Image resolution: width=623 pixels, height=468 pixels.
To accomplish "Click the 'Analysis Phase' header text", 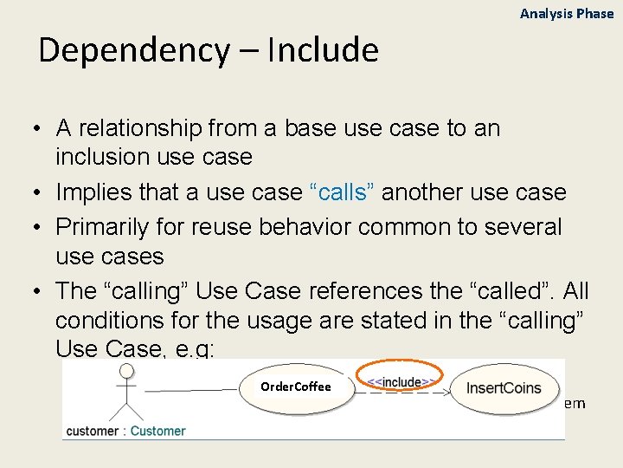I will coord(566,14).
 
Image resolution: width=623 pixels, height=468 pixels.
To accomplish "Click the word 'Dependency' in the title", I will coord(133,50).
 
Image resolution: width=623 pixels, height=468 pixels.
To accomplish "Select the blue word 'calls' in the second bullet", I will coord(344,192).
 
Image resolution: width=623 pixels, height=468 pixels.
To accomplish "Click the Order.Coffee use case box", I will coord(296,387).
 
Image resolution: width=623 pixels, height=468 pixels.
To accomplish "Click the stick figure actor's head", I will coord(126,370).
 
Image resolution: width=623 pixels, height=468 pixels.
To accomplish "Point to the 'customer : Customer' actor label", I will coord(125,431).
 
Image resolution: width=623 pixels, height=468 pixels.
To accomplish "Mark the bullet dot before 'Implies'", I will coord(40,193).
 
